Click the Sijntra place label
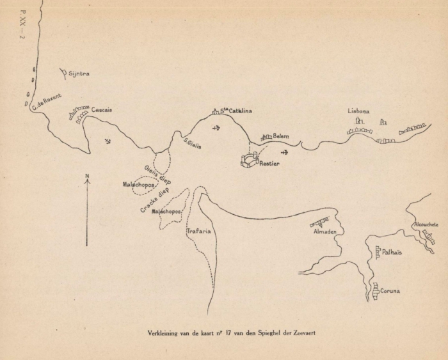[x=79, y=74]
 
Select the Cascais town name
[x=102, y=110]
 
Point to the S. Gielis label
[x=192, y=144]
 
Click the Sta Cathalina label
[x=236, y=111]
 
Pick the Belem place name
[x=281, y=136]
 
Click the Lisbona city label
[x=358, y=110]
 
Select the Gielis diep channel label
[x=157, y=175]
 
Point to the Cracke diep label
[x=154, y=198]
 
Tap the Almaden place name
[x=324, y=231]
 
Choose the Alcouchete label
[x=426, y=225]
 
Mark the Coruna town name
[x=390, y=291]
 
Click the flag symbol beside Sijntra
[x=63, y=73]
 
